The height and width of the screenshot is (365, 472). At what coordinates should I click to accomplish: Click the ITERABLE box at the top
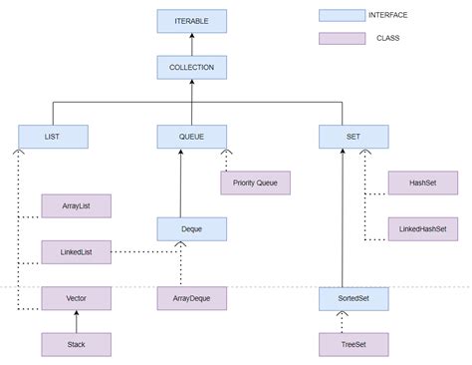(192, 21)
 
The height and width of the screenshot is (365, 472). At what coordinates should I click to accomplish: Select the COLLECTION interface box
(192, 68)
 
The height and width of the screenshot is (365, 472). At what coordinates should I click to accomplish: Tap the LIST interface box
(54, 136)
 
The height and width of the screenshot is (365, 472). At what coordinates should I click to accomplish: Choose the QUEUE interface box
(192, 136)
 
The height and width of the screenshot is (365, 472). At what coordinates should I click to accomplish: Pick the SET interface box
(354, 136)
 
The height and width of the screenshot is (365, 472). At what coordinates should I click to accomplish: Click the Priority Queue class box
(255, 182)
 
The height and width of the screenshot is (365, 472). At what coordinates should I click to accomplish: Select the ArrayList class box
(76, 205)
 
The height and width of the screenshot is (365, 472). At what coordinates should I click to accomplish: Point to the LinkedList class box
(76, 251)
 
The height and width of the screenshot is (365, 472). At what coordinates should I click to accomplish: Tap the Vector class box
(76, 297)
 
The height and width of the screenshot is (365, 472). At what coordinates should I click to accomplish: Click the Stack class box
(76, 344)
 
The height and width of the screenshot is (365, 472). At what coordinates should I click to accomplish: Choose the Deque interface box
(192, 228)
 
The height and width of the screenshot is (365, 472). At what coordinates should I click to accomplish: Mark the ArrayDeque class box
(192, 297)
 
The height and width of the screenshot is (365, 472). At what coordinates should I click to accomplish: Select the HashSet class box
(424, 182)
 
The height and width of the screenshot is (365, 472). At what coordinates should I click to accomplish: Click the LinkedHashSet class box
(424, 228)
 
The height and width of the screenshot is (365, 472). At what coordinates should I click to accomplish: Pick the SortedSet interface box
(354, 297)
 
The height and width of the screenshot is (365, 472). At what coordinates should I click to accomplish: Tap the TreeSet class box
(354, 344)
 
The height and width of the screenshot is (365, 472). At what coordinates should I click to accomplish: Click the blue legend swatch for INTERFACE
(342, 15)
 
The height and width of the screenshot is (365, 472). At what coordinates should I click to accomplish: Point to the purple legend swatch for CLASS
(342, 38)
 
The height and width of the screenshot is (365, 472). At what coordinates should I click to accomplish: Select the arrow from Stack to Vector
(76, 321)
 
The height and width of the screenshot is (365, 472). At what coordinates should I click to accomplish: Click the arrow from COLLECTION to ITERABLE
(192, 44)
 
